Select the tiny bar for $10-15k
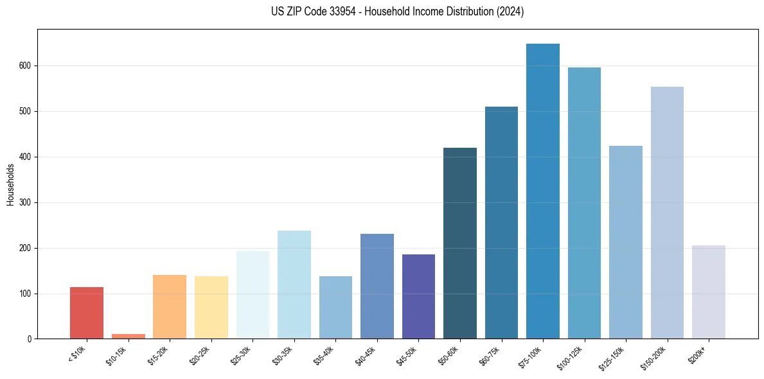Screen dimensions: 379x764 [128, 336]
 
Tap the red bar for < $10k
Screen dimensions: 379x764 [87, 313]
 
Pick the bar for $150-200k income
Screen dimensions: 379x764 [667, 213]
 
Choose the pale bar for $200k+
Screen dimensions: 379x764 [708, 292]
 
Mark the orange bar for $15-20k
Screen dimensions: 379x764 [170, 307]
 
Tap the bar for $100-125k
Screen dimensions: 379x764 [584, 203]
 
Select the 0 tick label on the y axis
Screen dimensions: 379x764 [29, 339]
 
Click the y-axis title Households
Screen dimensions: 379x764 [11, 184]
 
